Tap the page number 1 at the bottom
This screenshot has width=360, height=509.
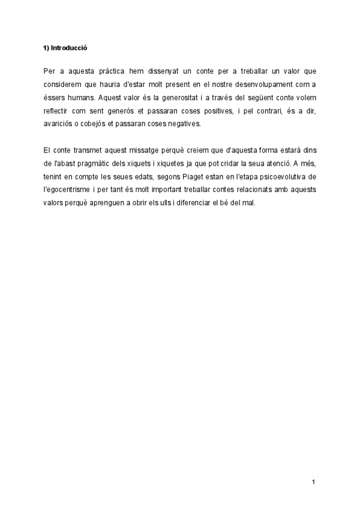313,481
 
